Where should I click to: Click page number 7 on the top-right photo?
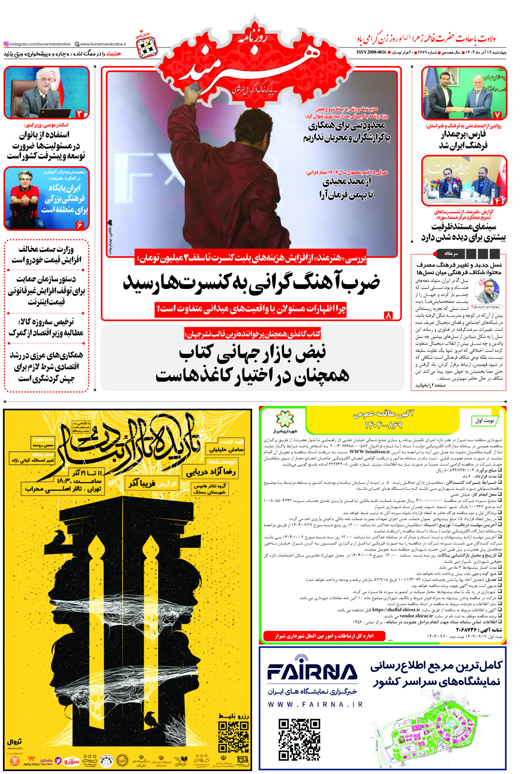(x=497, y=115)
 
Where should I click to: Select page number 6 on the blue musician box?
(x=79, y=225)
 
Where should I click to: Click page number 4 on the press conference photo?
(x=497, y=201)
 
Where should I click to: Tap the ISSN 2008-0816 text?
(x=371, y=52)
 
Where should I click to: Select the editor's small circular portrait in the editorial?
(x=486, y=290)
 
